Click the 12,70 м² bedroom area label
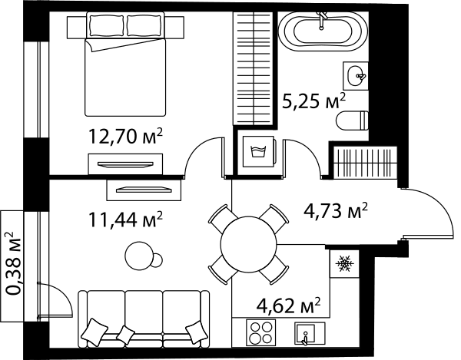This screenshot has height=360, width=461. click(125, 137)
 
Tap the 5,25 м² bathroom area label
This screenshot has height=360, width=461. click(313, 101)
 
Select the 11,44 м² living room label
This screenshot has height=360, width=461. click(125, 220)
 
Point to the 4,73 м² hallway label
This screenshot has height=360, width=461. click(336, 210)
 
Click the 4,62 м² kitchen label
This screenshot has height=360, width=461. click(288, 306)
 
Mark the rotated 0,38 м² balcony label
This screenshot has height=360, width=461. click(14, 263)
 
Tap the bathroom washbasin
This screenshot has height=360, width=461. click(355, 75)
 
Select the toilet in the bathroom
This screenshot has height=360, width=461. click(352, 121)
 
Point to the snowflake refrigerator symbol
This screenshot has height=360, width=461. click(344, 263)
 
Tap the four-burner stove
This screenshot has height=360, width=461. click(260, 332)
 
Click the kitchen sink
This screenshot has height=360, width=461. click(310, 334)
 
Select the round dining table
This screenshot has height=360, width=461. click(248, 244)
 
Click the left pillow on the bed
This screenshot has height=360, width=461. click(107, 25)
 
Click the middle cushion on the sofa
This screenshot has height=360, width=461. click(125, 334)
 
